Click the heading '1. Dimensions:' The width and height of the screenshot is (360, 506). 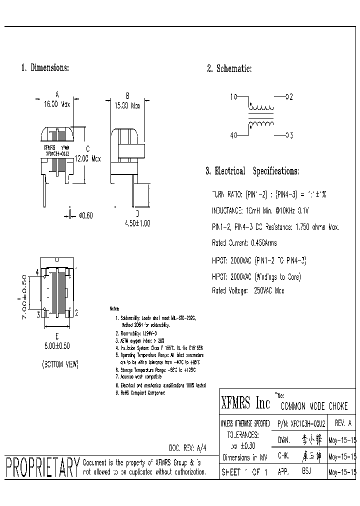click(45, 67)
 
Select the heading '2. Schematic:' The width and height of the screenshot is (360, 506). click(229, 69)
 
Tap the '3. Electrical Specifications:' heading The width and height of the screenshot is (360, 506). click(252, 171)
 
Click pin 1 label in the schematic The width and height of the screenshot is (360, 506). click(232, 97)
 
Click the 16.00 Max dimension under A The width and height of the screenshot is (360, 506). click(57, 105)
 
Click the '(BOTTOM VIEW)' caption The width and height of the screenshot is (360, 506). click(60, 364)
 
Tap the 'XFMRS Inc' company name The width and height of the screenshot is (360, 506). click(245, 403)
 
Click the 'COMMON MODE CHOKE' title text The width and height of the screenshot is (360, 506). click(313, 406)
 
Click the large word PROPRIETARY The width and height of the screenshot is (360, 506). click(42, 468)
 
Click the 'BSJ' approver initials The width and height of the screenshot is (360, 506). click(306, 471)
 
